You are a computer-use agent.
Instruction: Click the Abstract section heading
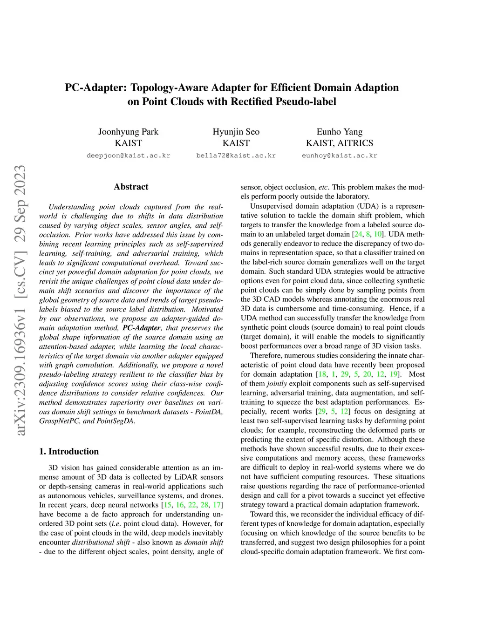[x=131, y=187]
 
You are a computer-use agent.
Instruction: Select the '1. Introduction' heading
[x=69, y=451]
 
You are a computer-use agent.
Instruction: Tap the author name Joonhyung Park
[x=128, y=132]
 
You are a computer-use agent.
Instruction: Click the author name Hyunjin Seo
[x=236, y=132]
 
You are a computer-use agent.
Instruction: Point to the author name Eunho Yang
[x=340, y=132]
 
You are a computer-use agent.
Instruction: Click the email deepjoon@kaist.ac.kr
[x=128, y=156]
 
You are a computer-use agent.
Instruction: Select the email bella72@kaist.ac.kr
[x=236, y=156]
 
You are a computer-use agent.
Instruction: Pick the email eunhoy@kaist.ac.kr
[x=340, y=156]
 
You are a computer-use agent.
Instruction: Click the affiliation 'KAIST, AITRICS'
[x=340, y=143]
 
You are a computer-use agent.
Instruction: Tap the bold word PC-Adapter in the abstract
[x=141, y=328]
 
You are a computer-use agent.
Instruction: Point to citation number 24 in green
[x=358, y=234]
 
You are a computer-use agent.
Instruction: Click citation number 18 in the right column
[x=322, y=374]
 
